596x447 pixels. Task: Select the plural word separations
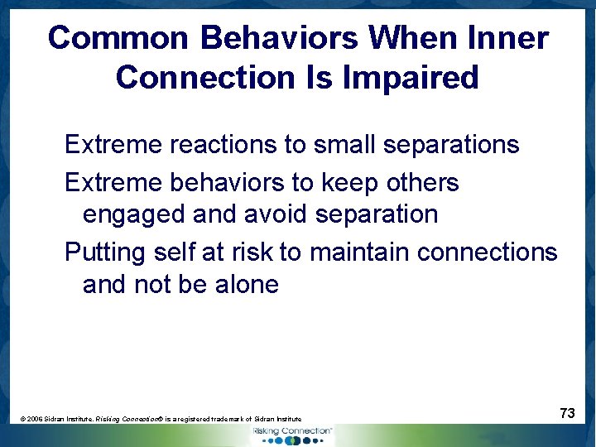pos(451,145)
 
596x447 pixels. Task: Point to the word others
pos(421,182)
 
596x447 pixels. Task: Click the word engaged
pos(133,215)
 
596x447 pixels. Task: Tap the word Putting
pos(105,252)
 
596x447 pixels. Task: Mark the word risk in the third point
pos(251,252)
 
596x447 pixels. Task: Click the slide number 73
pos(567,413)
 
